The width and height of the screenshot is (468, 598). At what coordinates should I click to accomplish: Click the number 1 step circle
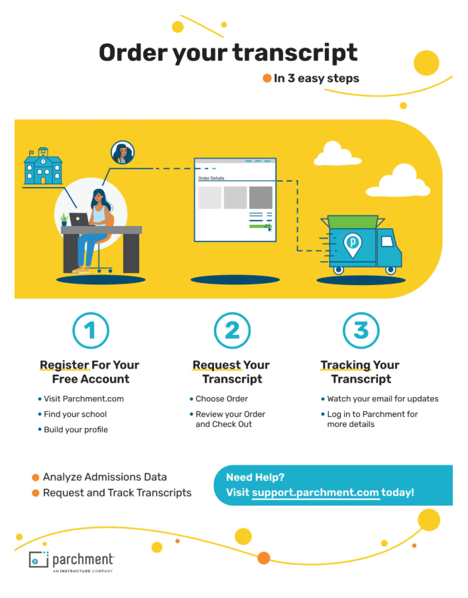pyautogui.click(x=90, y=330)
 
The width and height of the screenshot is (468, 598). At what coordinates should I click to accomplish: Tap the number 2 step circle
pyautogui.click(x=232, y=330)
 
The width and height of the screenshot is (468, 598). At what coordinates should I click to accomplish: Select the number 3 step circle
pyautogui.click(x=361, y=330)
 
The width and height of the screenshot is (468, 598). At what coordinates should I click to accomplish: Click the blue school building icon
pyautogui.click(x=43, y=166)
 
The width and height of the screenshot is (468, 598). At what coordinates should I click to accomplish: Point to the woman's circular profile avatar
pyautogui.click(x=122, y=152)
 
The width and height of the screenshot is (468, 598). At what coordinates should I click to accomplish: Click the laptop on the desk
pyautogui.click(x=79, y=219)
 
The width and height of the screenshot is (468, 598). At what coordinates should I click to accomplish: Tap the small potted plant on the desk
pyautogui.click(x=64, y=219)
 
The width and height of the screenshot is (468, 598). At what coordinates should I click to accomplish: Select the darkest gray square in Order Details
pyautogui.click(x=261, y=197)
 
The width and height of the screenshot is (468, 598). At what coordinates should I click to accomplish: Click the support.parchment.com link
pyautogui.click(x=316, y=493)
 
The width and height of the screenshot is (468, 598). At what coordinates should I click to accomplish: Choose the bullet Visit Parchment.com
pyautogui.click(x=84, y=399)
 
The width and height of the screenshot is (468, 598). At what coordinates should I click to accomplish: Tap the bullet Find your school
pyautogui.click(x=75, y=414)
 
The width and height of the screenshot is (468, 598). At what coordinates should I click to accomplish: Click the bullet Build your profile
pyautogui.click(x=76, y=430)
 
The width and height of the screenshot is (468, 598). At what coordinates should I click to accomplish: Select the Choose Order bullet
pyautogui.click(x=221, y=399)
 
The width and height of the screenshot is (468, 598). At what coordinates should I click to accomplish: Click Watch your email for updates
pyautogui.click(x=382, y=399)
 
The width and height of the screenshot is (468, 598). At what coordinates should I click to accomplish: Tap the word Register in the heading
pyautogui.click(x=64, y=365)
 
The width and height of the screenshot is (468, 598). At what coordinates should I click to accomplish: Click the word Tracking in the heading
pyautogui.click(x=345, y=365)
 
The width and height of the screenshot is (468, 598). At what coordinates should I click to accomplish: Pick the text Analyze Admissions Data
pyautogui.click(x=105, y=477)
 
